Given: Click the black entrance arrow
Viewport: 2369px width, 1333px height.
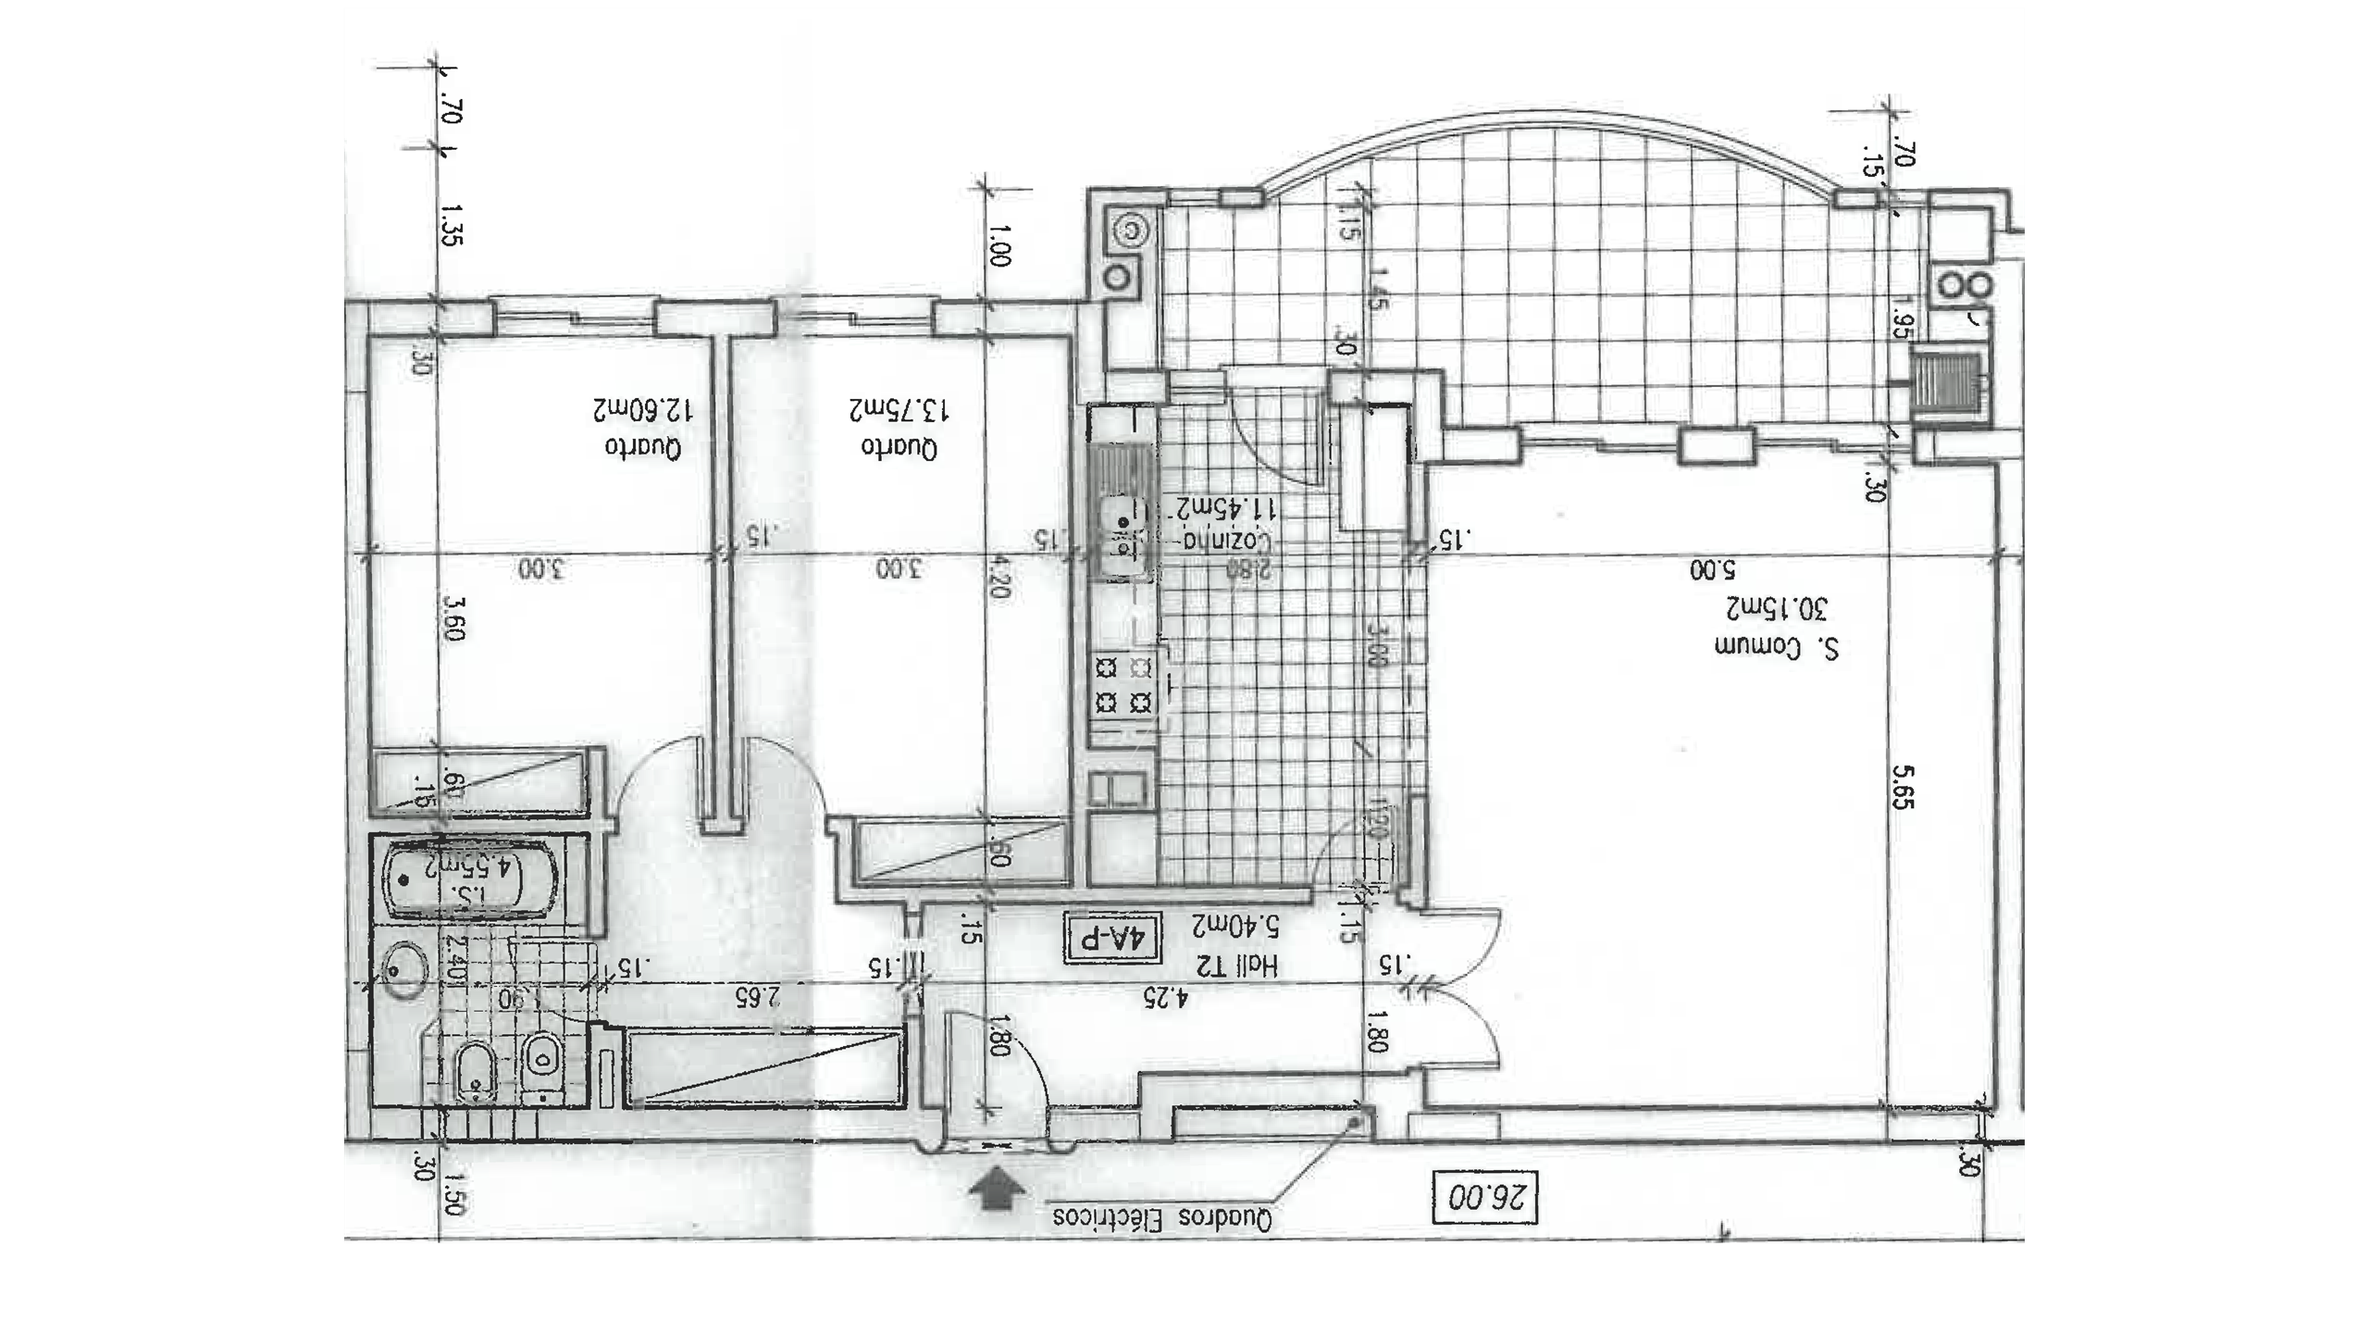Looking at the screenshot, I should click(x=996, y=1191).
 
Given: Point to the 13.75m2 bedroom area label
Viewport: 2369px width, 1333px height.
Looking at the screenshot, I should click(x=900, y=408).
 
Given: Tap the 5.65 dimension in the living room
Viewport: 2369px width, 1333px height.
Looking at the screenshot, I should click(x=1903, y=786).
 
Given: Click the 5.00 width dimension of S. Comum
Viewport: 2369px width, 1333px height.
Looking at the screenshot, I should click(x=1709, y=568).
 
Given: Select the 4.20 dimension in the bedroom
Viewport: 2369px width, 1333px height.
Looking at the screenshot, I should click(x=997, y=576).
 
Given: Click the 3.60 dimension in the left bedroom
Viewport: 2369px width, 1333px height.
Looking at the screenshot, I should click(x=453, y=617).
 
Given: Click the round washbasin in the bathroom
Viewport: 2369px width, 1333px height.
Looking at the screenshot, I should click(x=404, y=969).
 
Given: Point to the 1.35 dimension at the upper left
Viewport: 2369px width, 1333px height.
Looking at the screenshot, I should click(x=452, y=225).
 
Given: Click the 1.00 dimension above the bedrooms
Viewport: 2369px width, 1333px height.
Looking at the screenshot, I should click(x=998, y=245).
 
